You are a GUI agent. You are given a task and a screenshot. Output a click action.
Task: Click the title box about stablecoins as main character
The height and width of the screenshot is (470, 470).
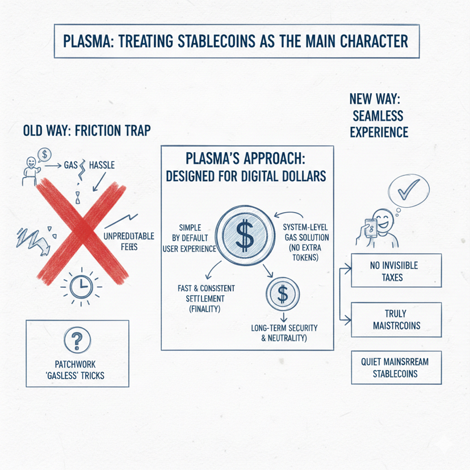pyautogui.click(x=235, y=41)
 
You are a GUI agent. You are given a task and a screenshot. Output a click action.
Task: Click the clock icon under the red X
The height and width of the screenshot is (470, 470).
pyautogui.click(x=81, y=286)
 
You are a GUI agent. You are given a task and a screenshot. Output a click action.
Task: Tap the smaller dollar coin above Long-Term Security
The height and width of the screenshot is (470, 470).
pyautogui.click(x=282, y=294)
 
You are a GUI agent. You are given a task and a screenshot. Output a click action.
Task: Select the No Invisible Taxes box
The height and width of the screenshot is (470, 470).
pyautogui.click(x=396, y=272)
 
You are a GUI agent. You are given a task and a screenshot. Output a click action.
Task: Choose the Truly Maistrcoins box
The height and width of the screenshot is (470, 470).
pyautogui.click(x=396, y=320)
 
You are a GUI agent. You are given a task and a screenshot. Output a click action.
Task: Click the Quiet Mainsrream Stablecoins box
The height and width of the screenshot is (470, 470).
pyautogui.click(x=396, y=367)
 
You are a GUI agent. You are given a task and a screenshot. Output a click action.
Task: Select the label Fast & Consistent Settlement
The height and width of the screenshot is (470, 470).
pyautogui.click(x=198, y=299)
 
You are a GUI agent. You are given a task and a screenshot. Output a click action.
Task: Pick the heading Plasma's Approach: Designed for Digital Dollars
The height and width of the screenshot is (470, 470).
pyautogui.click(x=245, y=166)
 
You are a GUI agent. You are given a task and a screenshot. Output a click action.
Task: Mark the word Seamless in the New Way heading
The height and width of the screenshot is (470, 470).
pyautogui.click(x=377, y=116)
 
